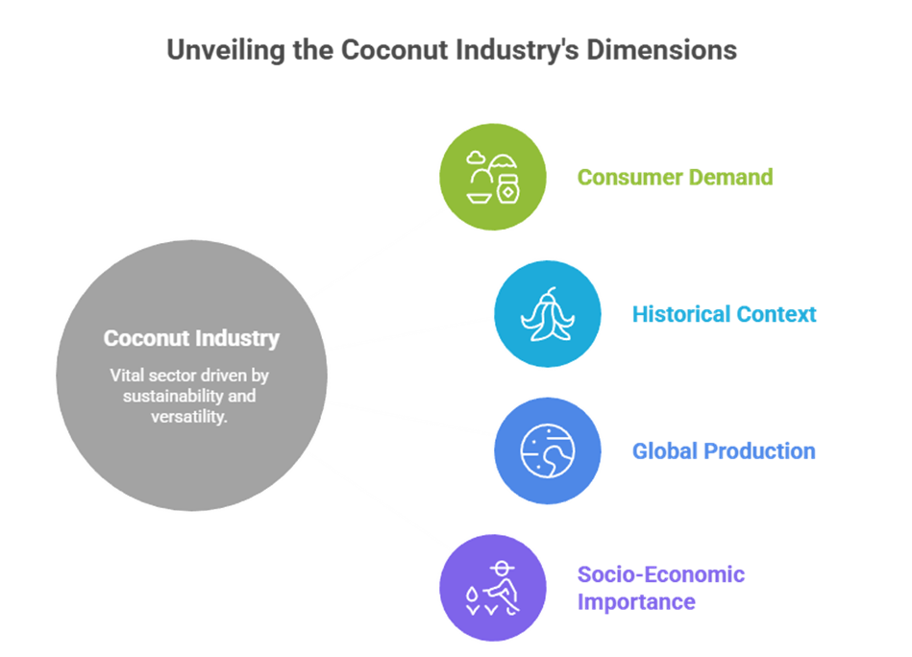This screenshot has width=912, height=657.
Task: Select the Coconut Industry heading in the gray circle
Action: pos(191,338)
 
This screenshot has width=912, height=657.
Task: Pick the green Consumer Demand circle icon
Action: pos(492,178)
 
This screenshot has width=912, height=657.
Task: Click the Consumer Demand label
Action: pos(675,178)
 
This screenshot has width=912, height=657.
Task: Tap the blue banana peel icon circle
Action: pos(547,314)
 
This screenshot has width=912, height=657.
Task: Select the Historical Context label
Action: pos(724,314)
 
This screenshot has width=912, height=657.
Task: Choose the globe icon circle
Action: pos(547,450)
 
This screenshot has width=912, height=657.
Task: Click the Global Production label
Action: pos(723,450)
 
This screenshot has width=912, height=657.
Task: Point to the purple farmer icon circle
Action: pos(492,587)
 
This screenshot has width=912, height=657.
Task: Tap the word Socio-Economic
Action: pos(660,574)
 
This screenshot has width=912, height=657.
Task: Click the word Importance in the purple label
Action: pos(635,602)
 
